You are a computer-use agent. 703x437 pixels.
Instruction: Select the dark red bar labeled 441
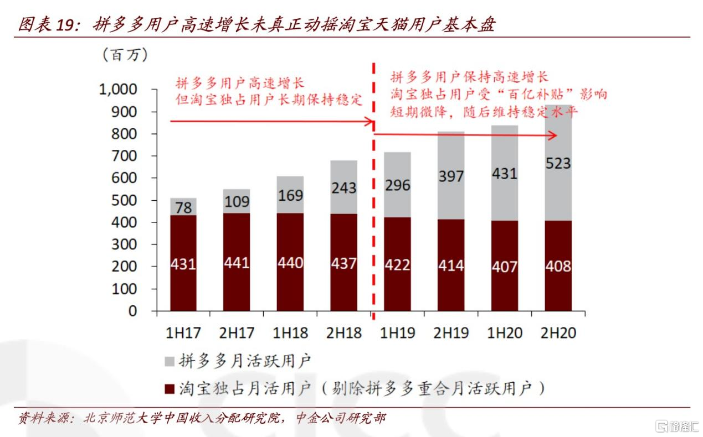(237, 262)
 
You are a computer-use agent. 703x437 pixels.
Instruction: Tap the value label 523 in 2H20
(558, 163)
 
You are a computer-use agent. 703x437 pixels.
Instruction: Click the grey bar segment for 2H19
(451, 175)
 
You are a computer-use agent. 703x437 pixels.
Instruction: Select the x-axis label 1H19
(397, 333)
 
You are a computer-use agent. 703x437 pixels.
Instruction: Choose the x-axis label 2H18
(343, 333)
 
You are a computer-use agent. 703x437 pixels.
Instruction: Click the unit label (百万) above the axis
(125, 55)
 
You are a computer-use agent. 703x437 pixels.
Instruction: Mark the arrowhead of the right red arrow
(553, 136)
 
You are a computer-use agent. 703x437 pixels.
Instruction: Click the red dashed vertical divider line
(372, 221)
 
